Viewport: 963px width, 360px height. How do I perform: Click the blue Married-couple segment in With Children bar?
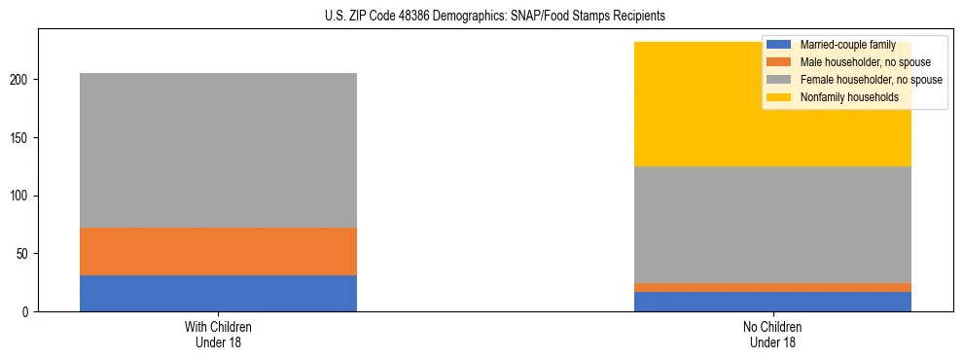218,293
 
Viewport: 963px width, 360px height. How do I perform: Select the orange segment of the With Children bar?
218,251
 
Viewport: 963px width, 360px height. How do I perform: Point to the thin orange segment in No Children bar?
772,287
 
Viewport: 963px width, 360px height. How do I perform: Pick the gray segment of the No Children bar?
772,225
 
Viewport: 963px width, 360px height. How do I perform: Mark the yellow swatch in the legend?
779,97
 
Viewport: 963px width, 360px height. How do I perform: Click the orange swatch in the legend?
779,62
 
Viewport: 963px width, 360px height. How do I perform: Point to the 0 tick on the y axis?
27,312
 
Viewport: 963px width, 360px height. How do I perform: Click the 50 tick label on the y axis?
24,254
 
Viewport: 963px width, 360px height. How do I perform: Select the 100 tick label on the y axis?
21,196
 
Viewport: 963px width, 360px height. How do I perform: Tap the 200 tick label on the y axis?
21,80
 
